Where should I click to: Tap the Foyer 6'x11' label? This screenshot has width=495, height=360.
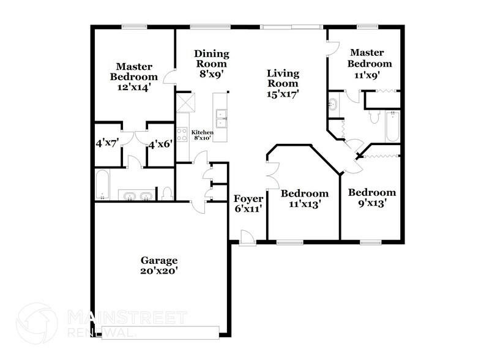point(248,203)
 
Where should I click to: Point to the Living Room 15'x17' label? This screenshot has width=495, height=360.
point(283,84)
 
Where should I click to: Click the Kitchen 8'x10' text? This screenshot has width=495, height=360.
point(203,135)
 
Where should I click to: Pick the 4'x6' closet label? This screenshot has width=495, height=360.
point(160,145)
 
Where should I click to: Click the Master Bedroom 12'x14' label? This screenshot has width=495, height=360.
point(134,77)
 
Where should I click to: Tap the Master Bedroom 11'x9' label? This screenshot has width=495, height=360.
point(370,63)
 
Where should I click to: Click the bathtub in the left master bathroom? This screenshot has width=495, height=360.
point(103,184)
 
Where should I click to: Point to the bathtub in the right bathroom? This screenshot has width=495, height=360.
point(392,126)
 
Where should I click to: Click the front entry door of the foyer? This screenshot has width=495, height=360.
point(247,238)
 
